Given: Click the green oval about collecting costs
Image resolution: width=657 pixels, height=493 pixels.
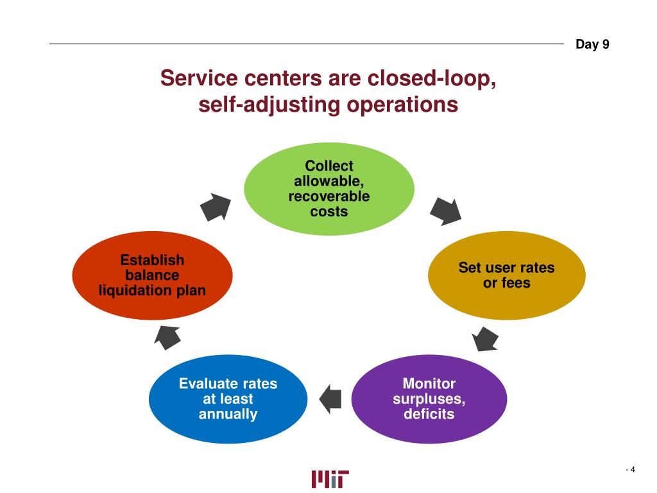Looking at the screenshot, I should tap(328, 189).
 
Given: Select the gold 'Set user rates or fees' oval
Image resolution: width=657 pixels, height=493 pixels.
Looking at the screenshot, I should tap(506, 275).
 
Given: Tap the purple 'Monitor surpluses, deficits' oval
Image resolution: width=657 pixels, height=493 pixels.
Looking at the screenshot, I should tap(429, 399).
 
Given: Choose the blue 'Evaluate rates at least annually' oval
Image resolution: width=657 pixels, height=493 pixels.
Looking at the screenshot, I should tap(228, 399).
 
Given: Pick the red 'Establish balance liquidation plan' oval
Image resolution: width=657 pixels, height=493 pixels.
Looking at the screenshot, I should tap(152, 275).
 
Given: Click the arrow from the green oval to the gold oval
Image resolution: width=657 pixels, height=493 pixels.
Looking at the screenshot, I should tap(445, 211).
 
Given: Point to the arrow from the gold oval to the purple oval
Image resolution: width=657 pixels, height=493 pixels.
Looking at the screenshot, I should tap(485, 338).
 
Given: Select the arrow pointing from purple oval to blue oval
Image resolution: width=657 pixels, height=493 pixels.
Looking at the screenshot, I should tap(330, 399).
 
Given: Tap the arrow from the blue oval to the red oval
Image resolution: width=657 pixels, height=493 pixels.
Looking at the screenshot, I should tap(168, 336).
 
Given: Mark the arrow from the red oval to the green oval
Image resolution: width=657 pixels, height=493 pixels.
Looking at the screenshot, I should tap(216, 207).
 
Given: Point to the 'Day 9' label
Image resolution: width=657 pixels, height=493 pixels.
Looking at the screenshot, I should tap(592, 44).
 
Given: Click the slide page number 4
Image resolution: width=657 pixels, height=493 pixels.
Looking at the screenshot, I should tap(632, 470).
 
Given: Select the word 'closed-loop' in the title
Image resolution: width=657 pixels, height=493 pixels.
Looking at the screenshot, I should tap(439, 79).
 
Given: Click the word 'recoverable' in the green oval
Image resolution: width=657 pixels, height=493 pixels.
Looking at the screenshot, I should tap(328, 196).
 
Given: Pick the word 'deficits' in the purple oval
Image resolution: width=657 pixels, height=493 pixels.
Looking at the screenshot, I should tap(429, 414).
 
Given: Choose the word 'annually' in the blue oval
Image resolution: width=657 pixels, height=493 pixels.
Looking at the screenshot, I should tap(228, 414).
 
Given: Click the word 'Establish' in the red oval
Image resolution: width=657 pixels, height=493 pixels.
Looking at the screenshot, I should tap(152, 260).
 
